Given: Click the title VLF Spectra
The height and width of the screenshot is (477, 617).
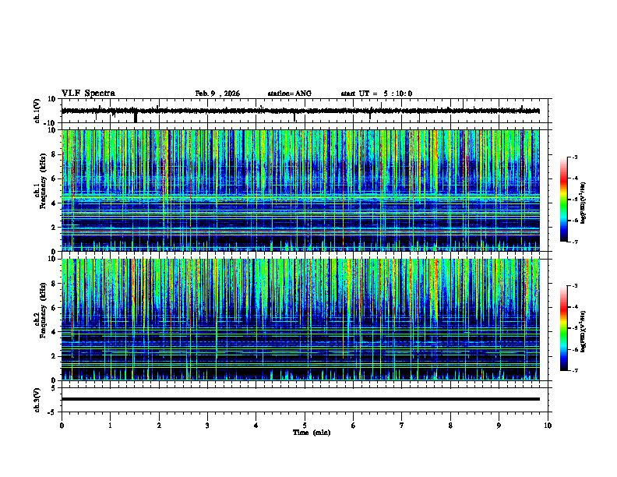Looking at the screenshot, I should pyautogui.click(x=88, y=94).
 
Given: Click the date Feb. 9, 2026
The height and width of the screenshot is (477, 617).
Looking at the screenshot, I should pyautogui.click(x=217, y=94).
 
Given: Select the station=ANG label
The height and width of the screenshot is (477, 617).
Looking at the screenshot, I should pyautogui.click(x=289, y=94).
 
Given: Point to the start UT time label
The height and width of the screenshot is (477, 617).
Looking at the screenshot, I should pyautogui.click(x=376, y=94).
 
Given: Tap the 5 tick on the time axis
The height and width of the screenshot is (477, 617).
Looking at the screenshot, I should pyautogui.click(x=305, y=426).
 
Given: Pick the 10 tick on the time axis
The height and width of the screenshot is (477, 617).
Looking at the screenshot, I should pyautogui.click(x=548, y=426).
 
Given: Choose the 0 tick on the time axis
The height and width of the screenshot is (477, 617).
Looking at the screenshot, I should pyautogui.click(x=62, y=426).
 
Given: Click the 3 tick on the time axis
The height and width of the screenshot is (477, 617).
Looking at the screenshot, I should pyautogui.click(x=207, y=426).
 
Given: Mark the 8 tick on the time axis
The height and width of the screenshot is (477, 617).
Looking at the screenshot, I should pyautogui.click(x=450, y=426).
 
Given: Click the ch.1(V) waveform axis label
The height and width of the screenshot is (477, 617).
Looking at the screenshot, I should pyautogui.click(x=37, y=111).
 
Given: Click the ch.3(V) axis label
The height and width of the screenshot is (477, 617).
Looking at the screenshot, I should pyautogui.click(x=37, y=399).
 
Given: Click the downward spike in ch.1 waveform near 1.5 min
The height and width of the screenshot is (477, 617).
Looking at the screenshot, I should pyautogui.click(x=136, y=118).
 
